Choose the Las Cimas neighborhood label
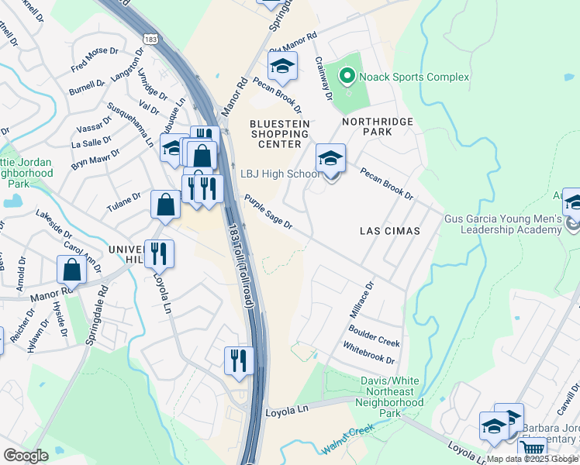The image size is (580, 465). [390, 231]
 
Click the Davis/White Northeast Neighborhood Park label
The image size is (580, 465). [392, 397]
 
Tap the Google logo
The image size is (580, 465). [26, 456]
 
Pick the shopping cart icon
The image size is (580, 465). [532, 448]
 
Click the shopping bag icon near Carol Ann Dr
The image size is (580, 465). [71, 270]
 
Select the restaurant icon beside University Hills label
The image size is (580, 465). [159, 253]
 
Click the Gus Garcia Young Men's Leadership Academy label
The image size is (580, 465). [511, 224]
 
